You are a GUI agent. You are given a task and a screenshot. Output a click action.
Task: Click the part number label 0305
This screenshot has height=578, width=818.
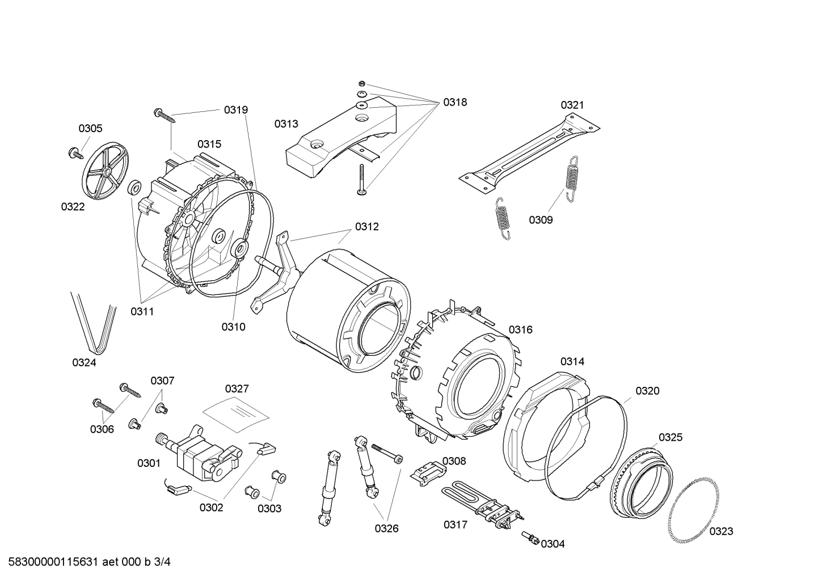pyautogui.click(x=90, y=129)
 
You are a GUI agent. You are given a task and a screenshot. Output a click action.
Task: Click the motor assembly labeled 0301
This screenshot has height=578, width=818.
pyautogui.click(x=199, y=454)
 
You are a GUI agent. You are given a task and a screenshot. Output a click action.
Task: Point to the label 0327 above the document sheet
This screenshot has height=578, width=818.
pyautogui.click(x=237, y=389)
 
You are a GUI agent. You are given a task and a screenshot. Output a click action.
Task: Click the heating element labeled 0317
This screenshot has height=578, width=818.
pyautogui.click(x=482, y=501)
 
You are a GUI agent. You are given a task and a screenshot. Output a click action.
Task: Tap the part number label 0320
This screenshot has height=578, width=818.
pyautogui.click(x=647, y=391)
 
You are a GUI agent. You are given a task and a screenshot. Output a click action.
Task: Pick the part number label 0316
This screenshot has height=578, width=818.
pyautogui.click(x=520, y=330)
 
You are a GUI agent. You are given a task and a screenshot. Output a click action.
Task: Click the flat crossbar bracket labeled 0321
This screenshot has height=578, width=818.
pyautogui.click(x=530, y=153)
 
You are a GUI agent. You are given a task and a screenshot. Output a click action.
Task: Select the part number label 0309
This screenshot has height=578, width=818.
pyautogui.click(x=541, y=220)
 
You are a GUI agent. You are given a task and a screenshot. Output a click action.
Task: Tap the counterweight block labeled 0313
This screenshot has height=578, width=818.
pyautogui.click(x=340, y=139)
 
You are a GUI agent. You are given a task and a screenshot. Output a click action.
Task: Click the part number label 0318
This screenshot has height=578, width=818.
pyautogui.click(x=455, y=102)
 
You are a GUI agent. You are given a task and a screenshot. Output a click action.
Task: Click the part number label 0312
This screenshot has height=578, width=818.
pyautogui.click(x=367, y=227)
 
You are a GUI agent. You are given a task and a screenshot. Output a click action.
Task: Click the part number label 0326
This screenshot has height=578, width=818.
pyautogui.click(x=386, y=529)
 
